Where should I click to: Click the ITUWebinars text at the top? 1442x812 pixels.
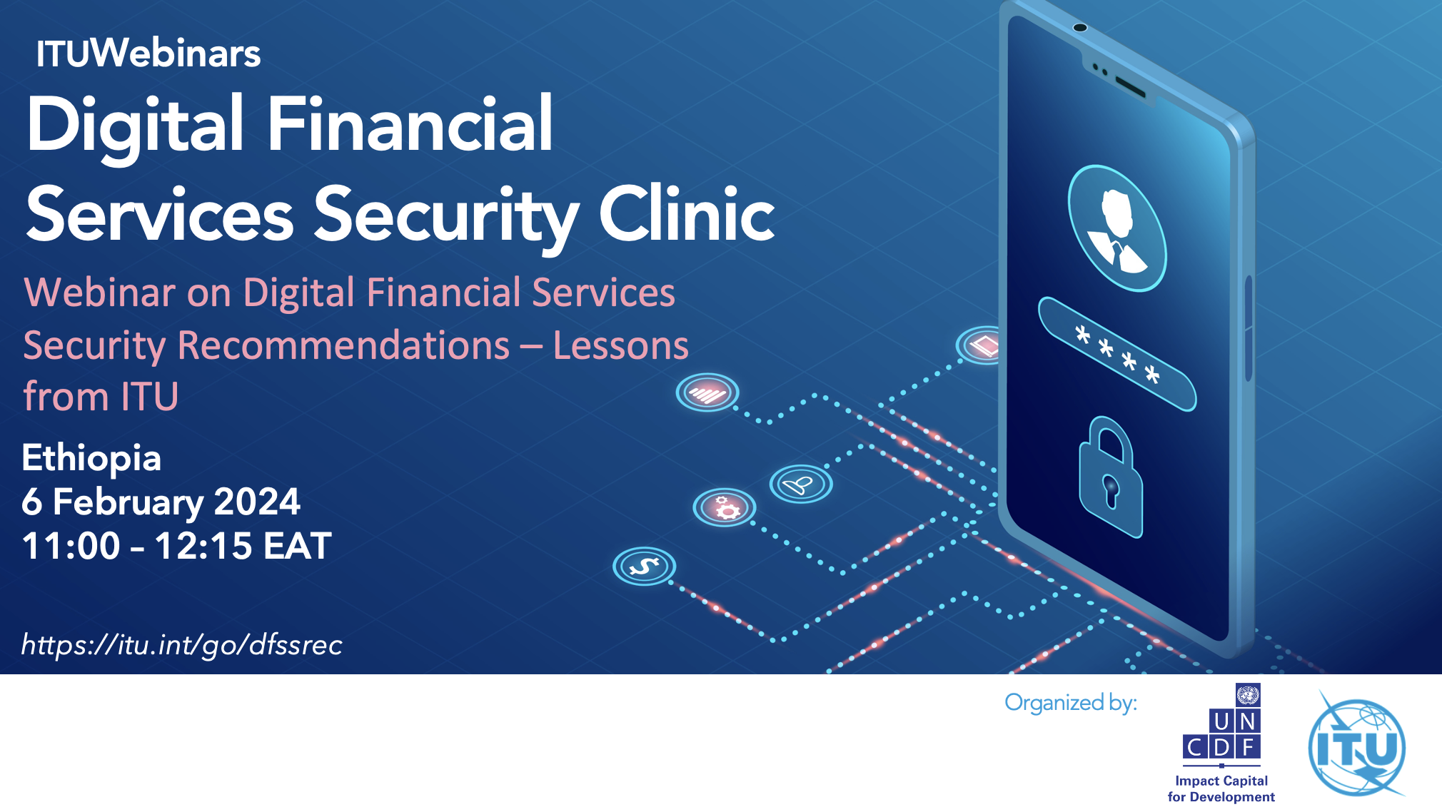coord(148,54)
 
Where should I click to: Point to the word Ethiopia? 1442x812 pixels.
coord(91,459)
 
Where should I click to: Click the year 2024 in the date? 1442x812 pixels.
coord(257,502)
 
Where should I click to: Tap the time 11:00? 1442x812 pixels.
coord(71,546)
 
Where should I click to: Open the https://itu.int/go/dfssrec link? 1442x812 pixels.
coord(182,645)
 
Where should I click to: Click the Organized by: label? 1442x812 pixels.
coord(1071,703)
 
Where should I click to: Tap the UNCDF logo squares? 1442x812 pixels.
coord(1221,734)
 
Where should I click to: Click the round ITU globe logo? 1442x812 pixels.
coord(1356,746)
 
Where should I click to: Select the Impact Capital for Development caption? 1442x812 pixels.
coord(1221,789)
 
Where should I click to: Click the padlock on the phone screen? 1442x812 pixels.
coord(1110,477)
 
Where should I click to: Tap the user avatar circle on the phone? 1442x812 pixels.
coord(1117,228)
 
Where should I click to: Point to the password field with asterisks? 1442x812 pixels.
coord(1117,354)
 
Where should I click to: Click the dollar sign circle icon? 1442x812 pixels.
coord(644,567)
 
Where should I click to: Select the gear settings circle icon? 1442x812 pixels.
coord(725,507)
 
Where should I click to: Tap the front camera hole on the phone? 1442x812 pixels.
coord(1080,28)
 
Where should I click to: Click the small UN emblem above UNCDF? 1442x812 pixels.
coord(1248,694)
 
